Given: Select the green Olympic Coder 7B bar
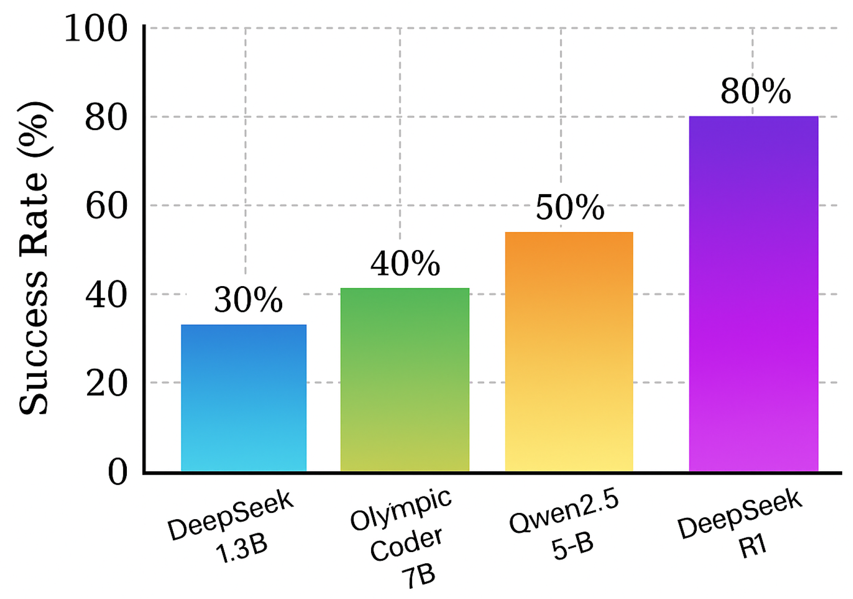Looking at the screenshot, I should point(405,379).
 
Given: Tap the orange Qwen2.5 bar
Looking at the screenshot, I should point(569,351).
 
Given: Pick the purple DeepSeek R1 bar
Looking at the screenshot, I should point(753,293).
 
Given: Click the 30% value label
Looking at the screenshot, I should point(248,299).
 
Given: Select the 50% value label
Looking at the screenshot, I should point(570,208).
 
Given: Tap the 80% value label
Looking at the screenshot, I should point(756,91).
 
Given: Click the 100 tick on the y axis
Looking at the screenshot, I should point(96,29).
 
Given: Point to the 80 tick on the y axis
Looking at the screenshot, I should point(106,117).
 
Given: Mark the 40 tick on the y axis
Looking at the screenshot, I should point(106,295).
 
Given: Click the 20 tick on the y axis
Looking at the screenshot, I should point(106,383).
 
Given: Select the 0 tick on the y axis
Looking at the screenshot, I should point(117,472).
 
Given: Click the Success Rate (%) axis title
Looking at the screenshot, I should point(34,258).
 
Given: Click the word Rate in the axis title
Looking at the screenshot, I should point(34,213).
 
